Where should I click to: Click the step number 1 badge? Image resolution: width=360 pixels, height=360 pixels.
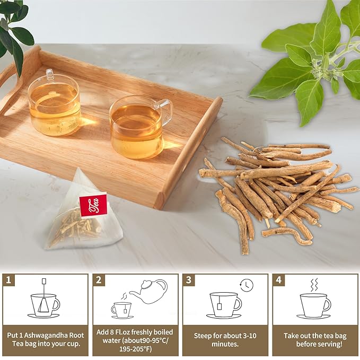(x=8, y=279)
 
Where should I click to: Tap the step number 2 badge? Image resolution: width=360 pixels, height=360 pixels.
(x=99, y=279)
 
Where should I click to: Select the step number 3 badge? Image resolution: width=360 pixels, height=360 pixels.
(x=188, y=279)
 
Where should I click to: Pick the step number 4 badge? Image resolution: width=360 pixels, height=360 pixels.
(x=278, y=279)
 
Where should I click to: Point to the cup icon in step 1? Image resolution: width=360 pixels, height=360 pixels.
(x=45, y=305)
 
